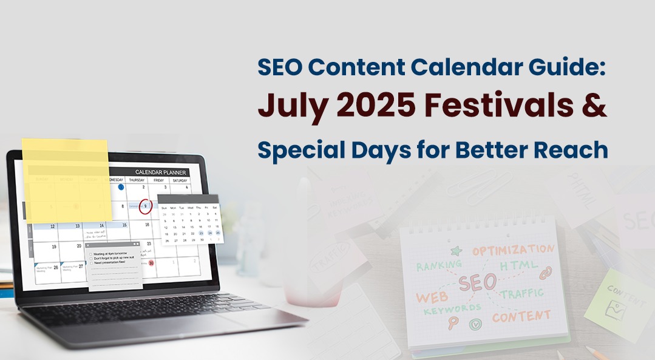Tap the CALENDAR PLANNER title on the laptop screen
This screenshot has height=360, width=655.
tap(161, 172)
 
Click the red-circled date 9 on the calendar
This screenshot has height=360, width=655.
tap(145, 206)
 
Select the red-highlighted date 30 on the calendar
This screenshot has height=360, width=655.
tap(151, 263)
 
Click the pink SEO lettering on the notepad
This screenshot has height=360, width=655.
tap(477, 282)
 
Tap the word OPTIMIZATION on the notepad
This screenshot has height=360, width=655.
tap(513, 250)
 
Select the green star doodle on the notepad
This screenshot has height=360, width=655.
tap(456, 250)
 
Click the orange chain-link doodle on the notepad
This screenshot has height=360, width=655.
tap(545, 273)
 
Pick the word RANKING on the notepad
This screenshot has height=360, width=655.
tap(439, 266)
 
